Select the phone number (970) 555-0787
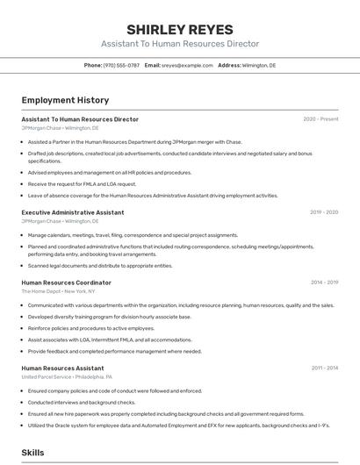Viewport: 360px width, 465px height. (x=121, y=66)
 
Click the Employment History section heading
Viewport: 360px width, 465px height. (x=65, y=101)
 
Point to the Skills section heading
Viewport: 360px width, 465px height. (x=32, y=453)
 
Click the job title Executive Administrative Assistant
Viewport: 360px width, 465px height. (x=73, y=212)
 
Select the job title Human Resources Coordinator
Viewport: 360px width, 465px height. (x=66, y=283)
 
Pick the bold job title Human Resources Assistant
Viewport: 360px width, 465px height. (x=62, y=368)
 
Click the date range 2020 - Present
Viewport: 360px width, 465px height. (x=320, y=119)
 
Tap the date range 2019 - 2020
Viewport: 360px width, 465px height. (x=323, y=212)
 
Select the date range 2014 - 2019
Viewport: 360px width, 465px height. (x=324, y=283)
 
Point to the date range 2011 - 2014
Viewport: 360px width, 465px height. (x=324, y=368)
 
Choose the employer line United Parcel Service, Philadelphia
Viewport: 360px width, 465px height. (x=67, y=377)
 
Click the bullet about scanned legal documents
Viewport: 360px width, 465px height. (x=99, y=266)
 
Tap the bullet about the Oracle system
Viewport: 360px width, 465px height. (x=178, y=425)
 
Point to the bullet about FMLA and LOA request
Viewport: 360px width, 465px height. (x=82, y=184)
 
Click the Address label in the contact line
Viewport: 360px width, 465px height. (x=229, y=66)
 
